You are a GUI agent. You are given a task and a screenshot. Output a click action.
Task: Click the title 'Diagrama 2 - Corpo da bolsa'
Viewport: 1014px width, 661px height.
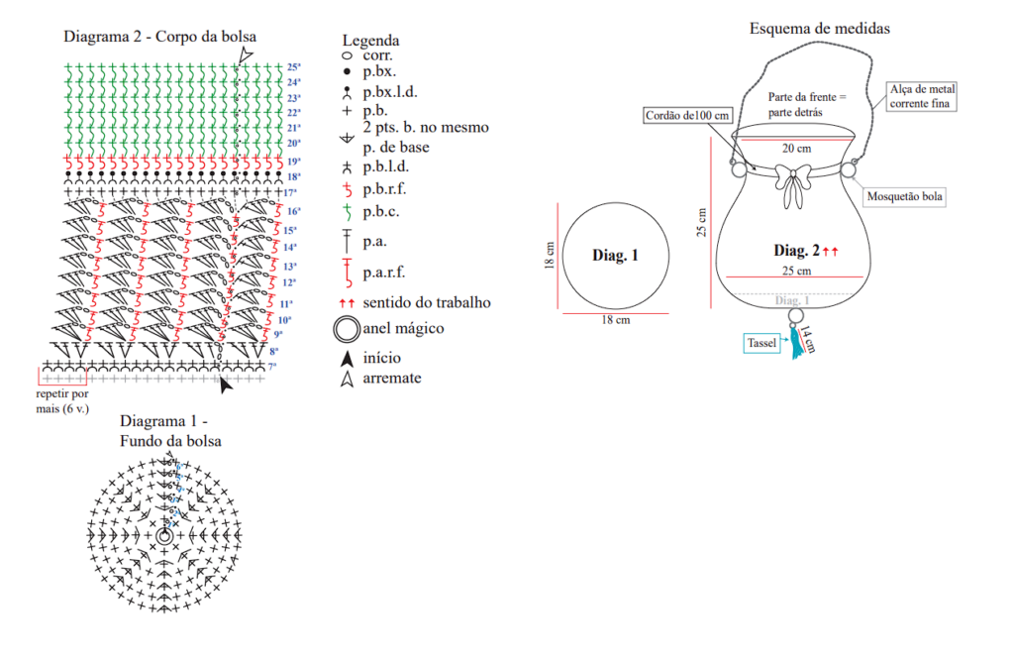click(x=159, y=37)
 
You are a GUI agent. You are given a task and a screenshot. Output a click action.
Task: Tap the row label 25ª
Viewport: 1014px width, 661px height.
click(x=294, y=67)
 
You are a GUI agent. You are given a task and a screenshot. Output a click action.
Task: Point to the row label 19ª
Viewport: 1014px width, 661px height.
click(x=294, y=161)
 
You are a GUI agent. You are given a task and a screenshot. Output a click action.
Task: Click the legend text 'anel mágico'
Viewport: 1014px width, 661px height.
click(x=403, y=328)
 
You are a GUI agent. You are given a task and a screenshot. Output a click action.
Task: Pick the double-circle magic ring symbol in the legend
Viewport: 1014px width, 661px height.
click(x=347, y=328)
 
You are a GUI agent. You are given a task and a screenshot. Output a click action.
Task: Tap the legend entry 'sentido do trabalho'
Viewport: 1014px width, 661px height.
click(x=426, y=302)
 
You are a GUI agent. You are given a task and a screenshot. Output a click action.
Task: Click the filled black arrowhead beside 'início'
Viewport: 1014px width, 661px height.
click(x=347, y=358)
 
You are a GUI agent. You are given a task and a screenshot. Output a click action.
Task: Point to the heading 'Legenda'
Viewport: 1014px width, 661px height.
click(x=370, y=41)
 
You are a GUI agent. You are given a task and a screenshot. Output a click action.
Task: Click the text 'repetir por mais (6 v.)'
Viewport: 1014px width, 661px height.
click(x=63, y=401)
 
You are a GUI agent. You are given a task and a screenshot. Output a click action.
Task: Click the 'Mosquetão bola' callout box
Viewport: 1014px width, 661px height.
click(x=905, y=197)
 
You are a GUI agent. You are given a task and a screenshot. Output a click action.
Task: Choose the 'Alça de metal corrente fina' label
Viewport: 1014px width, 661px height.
click(x=923, y=96)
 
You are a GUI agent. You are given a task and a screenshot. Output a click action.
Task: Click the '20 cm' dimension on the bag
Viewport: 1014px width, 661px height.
click(x=797, y=149)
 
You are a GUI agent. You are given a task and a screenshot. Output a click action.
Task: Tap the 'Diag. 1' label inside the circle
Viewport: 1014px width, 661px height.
click(x=615, y=255)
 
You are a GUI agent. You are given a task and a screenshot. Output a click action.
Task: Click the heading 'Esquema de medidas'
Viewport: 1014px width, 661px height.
click(x=819, y=28)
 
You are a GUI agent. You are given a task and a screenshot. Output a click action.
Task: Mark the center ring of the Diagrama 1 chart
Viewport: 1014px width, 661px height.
click(x=163, y=535)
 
